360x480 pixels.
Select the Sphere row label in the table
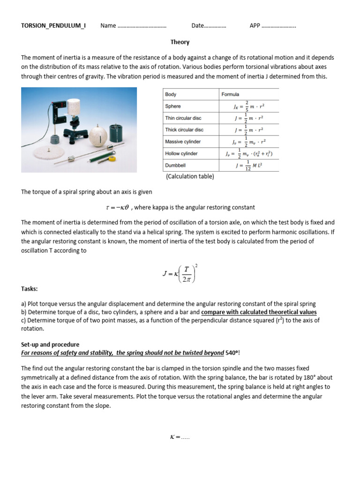coord(173,106)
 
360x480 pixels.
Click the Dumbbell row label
coord(175,165)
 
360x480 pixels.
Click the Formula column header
coord(230,94)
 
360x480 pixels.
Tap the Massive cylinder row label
coord(183,142)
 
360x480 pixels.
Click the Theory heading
coord(180,42)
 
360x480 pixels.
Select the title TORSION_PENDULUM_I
coord(53,25)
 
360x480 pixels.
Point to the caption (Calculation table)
coord(190,176)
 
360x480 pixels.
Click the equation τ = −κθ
coord(117,208)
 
